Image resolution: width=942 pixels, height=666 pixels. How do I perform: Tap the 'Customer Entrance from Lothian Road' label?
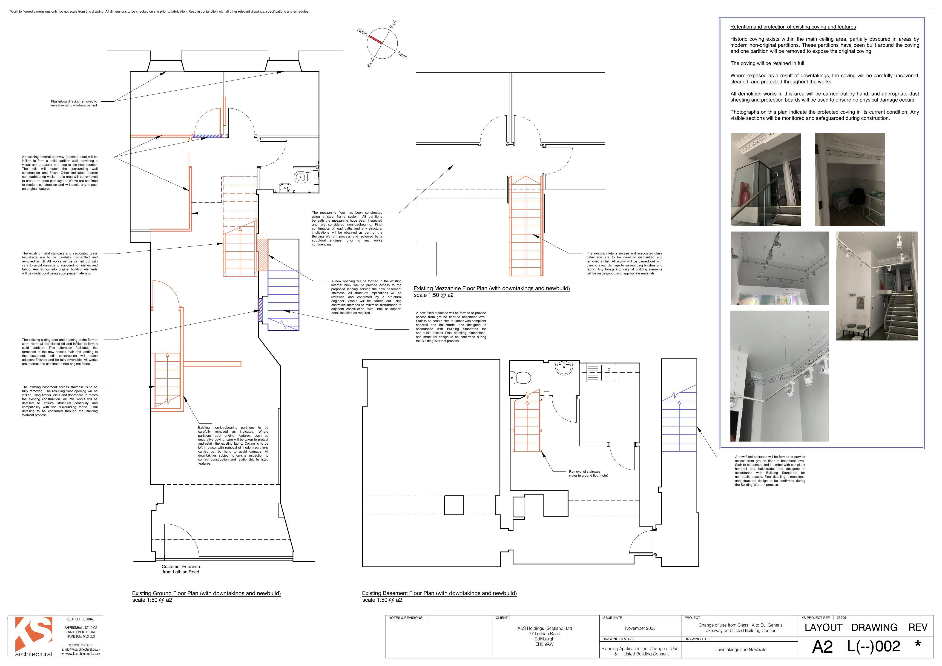coord(181,569)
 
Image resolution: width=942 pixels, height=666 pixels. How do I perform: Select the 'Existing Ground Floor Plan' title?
coord(206,593)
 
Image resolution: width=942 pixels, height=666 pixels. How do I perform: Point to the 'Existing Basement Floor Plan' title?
coord(439,593)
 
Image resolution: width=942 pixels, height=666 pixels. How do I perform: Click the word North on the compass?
coord(362,31)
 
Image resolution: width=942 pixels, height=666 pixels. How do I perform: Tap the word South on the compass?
coord(402,54)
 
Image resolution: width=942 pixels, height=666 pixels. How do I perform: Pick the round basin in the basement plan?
coord(564,367)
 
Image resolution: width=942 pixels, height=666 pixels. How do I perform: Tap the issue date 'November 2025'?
coord(640,628)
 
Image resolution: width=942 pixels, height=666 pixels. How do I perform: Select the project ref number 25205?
coord(841,618)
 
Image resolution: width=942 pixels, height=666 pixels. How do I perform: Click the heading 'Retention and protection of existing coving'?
coord(793,27)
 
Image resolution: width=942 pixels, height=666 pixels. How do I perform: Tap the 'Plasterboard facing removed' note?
coord(74,103)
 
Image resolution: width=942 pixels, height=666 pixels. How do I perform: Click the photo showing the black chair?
coord(850,179)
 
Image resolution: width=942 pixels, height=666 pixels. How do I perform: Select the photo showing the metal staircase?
coord(877,286)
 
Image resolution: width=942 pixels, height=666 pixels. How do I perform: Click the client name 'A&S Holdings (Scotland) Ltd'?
coord(544,628)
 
